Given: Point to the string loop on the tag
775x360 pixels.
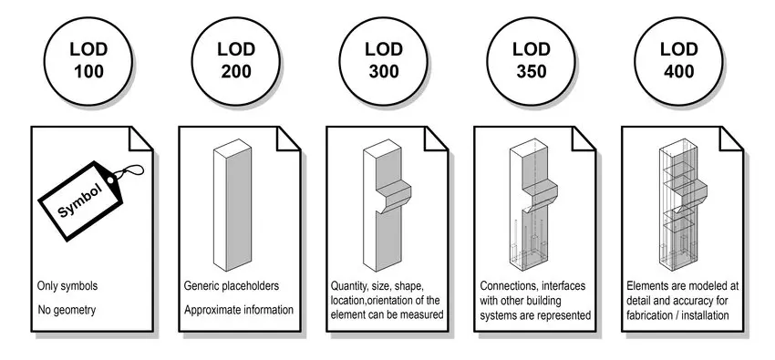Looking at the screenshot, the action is [x=129, y=170].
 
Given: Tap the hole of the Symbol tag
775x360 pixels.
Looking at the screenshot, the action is [x=109, y=180].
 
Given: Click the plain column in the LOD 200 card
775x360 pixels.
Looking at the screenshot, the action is [x=232, y=205].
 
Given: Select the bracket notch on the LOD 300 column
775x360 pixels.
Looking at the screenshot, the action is [x=394, y=197].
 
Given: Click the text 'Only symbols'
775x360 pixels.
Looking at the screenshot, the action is [x=67, y=286].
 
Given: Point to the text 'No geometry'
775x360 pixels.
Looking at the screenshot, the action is [x=67, y=310].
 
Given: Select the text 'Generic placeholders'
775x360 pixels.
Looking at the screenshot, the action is [x=232, y=286].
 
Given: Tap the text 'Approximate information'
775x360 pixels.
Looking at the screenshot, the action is [x=239, y=310].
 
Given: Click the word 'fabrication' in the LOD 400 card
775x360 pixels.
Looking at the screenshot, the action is [x=648, y=315].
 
